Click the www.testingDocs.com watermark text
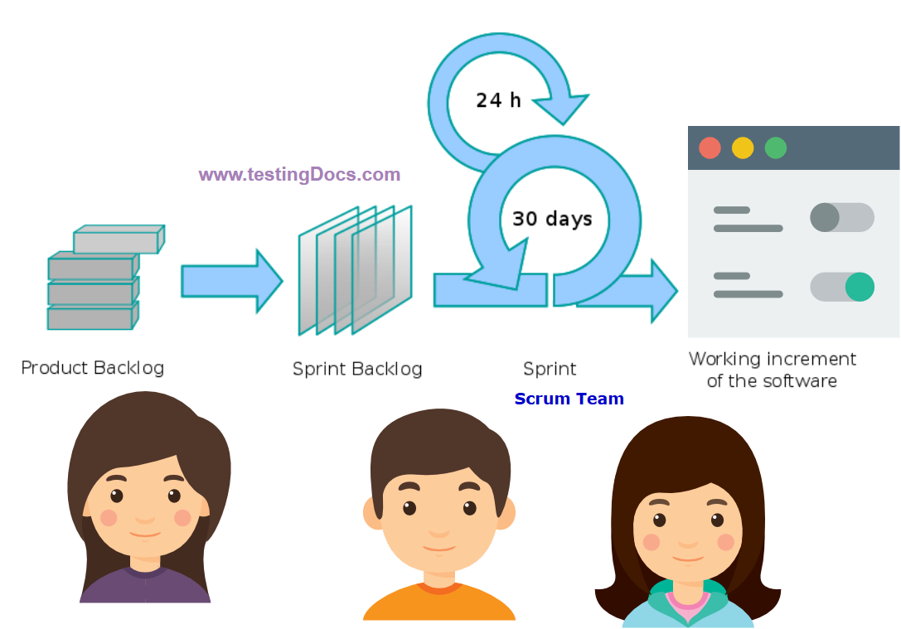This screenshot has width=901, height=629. pos(299,175)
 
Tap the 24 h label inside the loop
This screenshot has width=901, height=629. pos(498,100)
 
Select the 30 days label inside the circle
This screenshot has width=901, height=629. pos(552,219)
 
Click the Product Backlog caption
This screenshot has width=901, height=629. pos(92,367)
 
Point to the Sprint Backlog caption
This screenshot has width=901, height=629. pos(357,369)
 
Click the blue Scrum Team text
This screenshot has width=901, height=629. pos(569,399)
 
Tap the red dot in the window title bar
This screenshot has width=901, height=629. pos(710,148)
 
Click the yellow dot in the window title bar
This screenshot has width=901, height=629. pos(743,148)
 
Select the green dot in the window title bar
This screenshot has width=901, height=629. pos(776,148)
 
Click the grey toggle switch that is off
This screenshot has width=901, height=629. pos(841,217)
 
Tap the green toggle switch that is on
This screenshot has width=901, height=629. pos(841,287)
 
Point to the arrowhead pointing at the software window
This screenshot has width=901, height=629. pos(663,291)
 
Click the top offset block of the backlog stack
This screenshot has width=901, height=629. pos(119,240)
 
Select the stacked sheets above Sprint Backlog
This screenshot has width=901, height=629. pos(355,270)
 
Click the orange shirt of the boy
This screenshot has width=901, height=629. pos(438,605)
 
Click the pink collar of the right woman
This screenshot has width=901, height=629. pos(687,598)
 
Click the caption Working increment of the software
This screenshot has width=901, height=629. pos(772,370)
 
